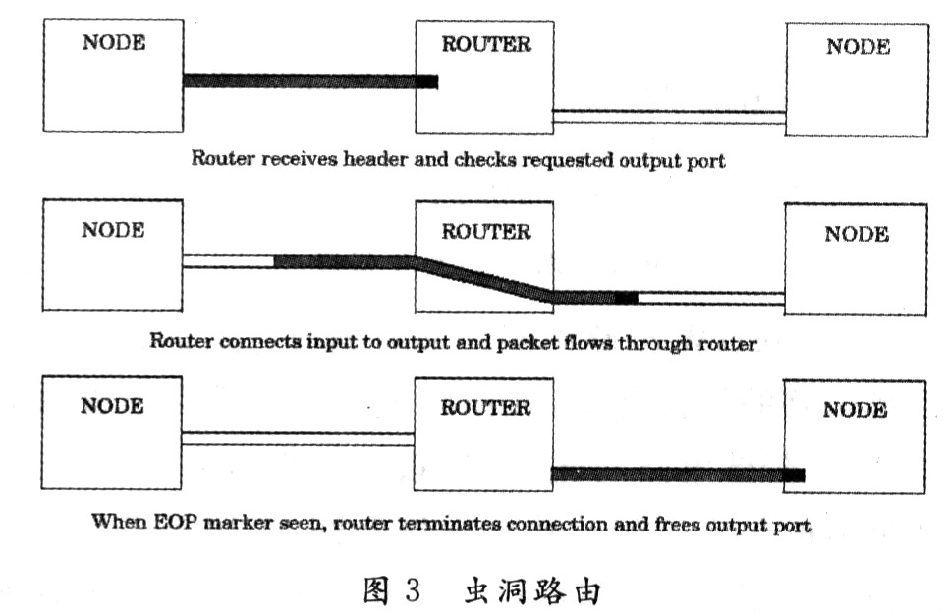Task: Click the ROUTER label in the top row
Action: tap(485, 44)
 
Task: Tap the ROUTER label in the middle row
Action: tap(485, 232)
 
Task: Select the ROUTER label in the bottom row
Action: tap(485, 408)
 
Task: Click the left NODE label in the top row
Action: tap(112, 43)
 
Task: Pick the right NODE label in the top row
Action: tap(858, 46)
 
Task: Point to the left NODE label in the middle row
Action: tap(112, 230)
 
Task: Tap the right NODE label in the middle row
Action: tap(856, 234)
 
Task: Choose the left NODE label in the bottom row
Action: tap(112, 405)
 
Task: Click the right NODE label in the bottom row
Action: tap(855, 410)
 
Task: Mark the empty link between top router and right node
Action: tap(668, 117)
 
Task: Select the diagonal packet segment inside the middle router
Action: tap(481, 279)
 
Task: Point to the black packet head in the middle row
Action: tap(626, 298)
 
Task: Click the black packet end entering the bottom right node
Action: tap(794, 475)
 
